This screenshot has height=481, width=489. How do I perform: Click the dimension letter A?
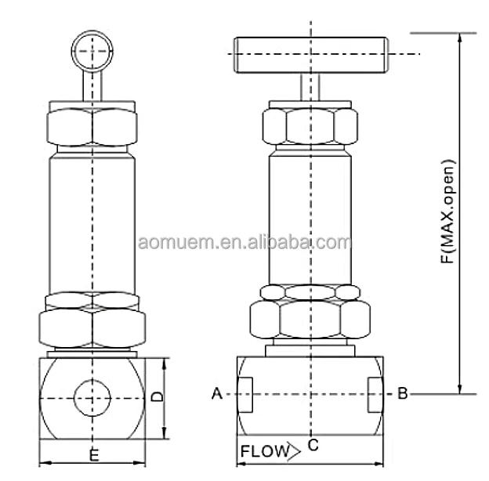tap(217, 394)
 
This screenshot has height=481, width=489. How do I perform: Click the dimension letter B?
tap(402, 394)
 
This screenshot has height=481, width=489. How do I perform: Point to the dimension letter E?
tap(94, 454)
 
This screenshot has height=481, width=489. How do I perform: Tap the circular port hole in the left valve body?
tap(93, 397)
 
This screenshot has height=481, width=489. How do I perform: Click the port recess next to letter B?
tap(374, 394)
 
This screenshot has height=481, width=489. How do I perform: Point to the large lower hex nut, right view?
tap(310, 319)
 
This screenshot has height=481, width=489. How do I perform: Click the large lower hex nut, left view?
tap(93, 324)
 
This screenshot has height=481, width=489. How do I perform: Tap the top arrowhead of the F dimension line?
tap(459, 38)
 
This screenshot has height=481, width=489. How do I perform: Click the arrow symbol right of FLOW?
tap(293, 451)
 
